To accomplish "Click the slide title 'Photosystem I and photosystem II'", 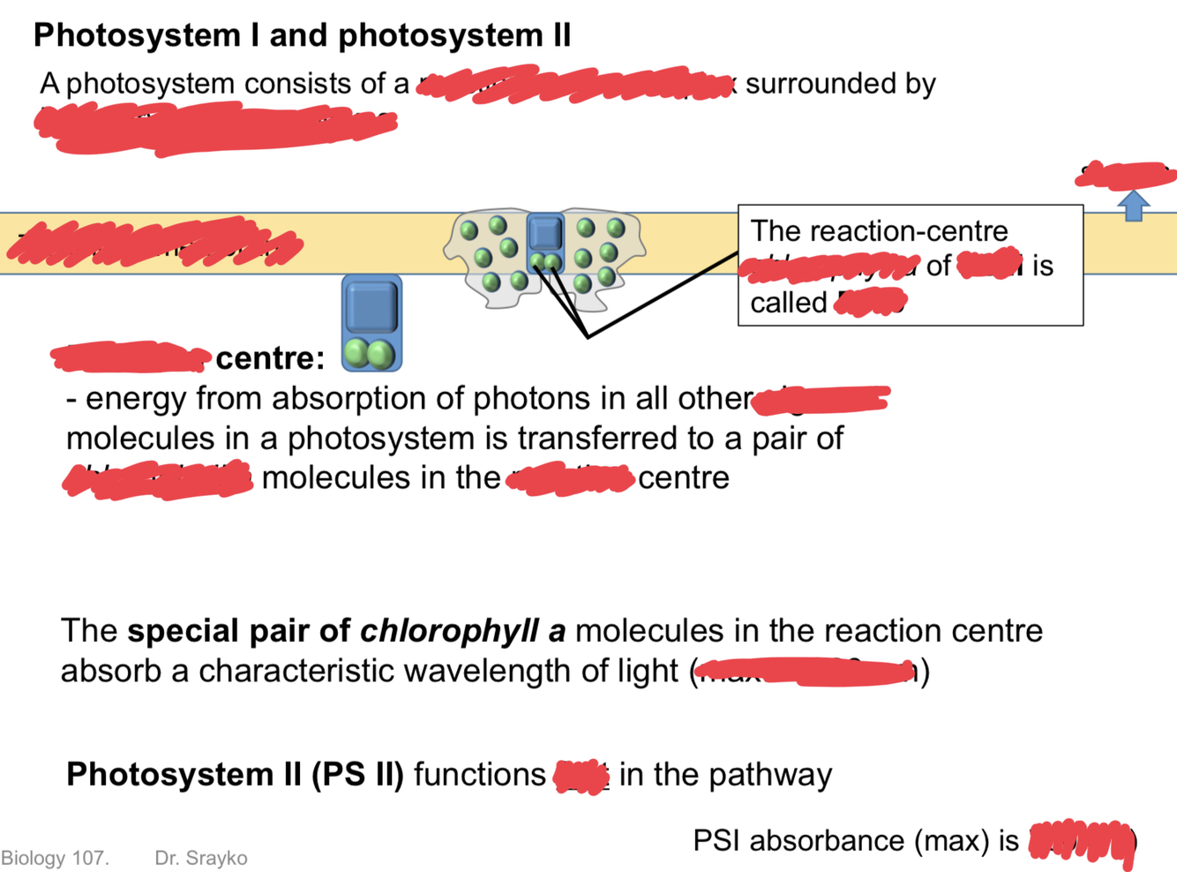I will tap(302, 35).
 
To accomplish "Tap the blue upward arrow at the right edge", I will tap(1134, 206).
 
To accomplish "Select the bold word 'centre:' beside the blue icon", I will tap(270, 358).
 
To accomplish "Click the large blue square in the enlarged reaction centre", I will tap(371, 306).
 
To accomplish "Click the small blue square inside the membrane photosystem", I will tap(545, 233).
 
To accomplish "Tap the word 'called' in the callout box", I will tap(788, 303).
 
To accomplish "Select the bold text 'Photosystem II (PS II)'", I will tap(235, 775).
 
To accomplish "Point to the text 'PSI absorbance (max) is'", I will tap(856, 841).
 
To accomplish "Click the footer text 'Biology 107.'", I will tap(55, 858).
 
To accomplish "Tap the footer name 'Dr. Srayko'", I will tap(201, 858).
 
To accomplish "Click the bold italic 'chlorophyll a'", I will tap(463, 631).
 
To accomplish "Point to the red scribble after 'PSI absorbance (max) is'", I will tap(1081, 841).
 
